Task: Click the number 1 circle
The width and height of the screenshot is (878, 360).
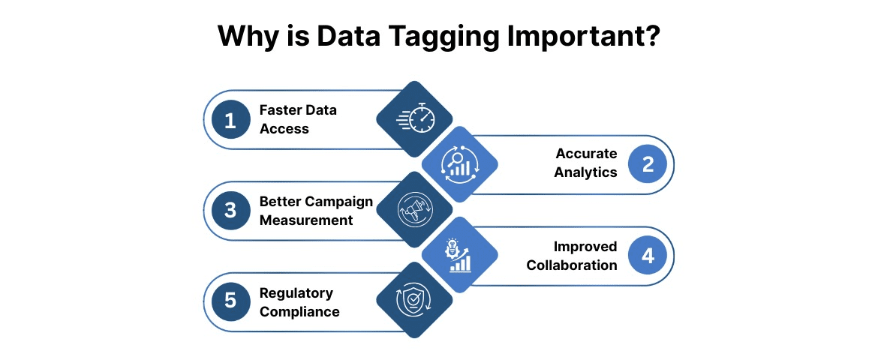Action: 230,120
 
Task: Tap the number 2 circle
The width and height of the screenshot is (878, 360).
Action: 648,164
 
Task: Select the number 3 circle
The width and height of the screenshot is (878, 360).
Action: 230,211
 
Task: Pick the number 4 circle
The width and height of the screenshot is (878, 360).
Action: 648,256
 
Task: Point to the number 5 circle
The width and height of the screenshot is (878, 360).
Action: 230,301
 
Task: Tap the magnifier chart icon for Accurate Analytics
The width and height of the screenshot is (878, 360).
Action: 459,163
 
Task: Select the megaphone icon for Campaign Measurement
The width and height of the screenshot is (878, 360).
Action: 414,210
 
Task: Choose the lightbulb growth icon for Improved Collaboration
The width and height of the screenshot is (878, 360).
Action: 459,255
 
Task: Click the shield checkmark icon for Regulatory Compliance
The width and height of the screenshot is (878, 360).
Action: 414,301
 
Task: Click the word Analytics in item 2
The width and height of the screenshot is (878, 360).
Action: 586,172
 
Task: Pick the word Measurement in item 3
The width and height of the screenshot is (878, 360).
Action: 306,220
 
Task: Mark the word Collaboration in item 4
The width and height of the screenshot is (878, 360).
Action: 572,265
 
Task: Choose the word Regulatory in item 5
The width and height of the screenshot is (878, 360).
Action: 296,293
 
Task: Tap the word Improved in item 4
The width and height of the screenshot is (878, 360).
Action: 585,247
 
